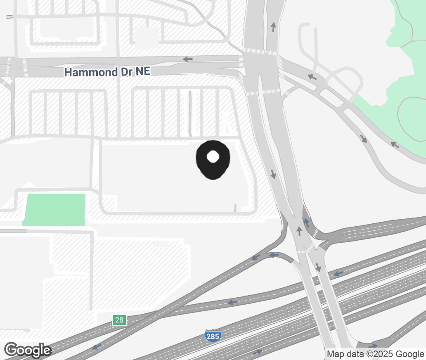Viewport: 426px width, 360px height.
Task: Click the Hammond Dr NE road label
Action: click(107, 72)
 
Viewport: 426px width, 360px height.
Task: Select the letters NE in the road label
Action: click(142, 72)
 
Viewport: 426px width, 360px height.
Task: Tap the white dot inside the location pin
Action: click(213, 156)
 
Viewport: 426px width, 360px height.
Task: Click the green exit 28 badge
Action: click(119, 320)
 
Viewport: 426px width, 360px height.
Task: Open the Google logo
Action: click(28, 350)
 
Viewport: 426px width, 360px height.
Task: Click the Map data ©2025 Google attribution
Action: click(375, 354)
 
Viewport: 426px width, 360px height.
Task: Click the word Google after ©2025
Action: click(410, 354)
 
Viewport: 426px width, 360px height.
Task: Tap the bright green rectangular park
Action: click(55, 209)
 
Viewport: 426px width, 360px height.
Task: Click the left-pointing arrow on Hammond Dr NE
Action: click(188, 59)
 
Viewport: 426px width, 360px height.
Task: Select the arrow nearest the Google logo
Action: click(97, 346)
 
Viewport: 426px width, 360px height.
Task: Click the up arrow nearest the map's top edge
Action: click(273, 27)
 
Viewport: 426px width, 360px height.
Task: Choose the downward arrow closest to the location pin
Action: click(273, 174)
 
